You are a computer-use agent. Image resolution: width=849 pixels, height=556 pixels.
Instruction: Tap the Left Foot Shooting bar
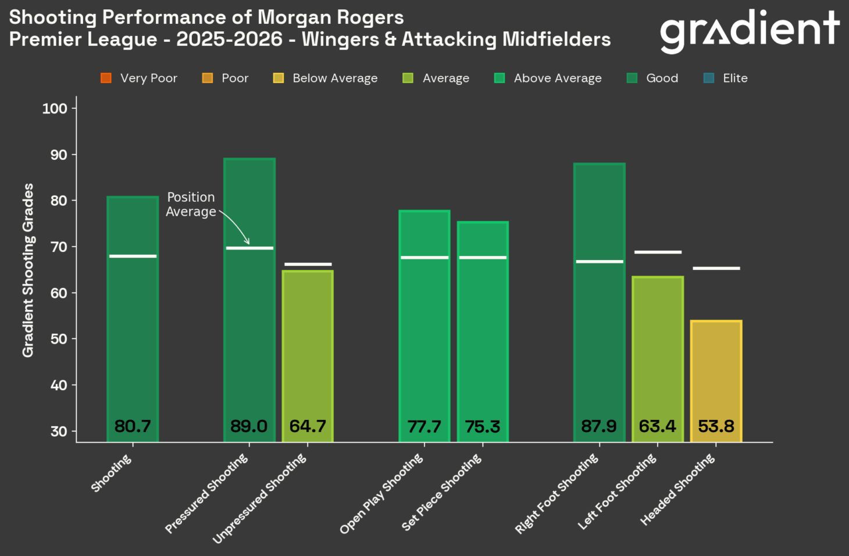[658, 349]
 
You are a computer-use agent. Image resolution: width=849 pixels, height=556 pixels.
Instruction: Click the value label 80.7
[133, 426]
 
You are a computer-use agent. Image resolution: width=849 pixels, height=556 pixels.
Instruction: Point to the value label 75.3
[483, 426]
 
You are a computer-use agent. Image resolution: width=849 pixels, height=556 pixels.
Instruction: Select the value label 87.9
[599, 426]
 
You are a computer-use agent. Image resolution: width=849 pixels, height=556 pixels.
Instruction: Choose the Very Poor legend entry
[139, 78]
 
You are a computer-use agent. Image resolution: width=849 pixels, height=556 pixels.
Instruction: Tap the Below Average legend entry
[326, 78]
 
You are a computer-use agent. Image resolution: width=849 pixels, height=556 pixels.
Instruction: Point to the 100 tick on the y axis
[55, 108]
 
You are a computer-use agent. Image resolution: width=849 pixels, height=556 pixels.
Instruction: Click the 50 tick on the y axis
[58, 339]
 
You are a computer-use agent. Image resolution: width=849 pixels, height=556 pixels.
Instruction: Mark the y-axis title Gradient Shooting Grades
[28, 270]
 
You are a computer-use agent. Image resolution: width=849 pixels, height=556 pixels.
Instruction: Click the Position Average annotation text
[191, 204]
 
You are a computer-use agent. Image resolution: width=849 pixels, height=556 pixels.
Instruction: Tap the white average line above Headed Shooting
[716, 268]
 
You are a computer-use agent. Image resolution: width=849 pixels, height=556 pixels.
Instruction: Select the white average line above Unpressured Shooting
[308, 264]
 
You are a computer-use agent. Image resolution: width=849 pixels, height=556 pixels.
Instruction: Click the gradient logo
[749, 30]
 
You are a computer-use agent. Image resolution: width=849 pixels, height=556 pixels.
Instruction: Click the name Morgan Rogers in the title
[331, 17]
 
